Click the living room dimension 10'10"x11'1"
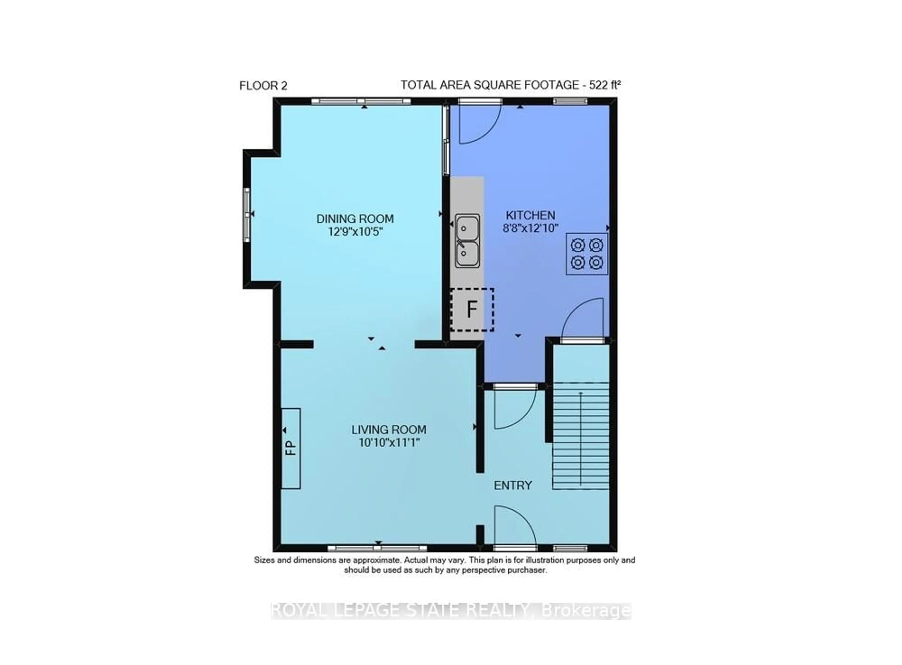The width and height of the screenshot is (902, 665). (x=389, y=443)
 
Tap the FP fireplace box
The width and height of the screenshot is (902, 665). (x=291, y=448)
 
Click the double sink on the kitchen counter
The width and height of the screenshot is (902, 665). (x=467, y=240)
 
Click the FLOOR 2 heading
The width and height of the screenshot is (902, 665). (x=263, y=86)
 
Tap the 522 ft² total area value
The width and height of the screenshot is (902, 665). (x=605, y=85)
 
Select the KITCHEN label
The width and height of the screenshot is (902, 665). (x=530, y=215)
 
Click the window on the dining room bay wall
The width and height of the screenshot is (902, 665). (x=247, y=215)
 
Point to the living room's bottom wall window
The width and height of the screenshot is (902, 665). (x=377, y=548)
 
